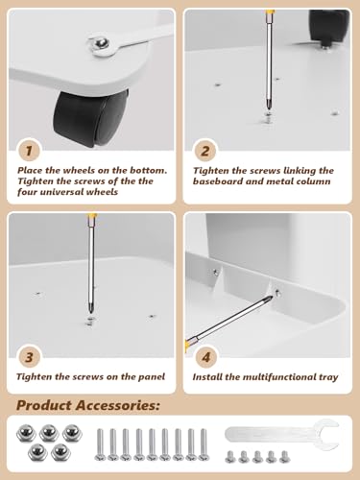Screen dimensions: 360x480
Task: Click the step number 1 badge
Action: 29,151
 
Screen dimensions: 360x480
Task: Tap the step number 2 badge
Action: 205,151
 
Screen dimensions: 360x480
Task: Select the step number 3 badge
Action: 29,357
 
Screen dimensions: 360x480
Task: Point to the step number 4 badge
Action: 206,357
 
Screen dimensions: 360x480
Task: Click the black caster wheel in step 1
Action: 91,118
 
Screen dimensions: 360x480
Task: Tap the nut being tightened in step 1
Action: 102,44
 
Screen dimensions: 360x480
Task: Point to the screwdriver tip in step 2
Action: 268,108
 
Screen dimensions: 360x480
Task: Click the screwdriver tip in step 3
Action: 91,312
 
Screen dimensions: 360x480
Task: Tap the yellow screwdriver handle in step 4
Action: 186,347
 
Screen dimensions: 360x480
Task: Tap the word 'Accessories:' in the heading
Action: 117,406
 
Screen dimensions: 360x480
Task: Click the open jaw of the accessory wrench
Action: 327,435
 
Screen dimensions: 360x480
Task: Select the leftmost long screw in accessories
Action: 100,444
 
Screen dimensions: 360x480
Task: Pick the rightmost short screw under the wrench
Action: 284,457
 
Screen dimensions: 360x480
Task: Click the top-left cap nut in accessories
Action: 26,433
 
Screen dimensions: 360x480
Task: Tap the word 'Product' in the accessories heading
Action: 44,406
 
